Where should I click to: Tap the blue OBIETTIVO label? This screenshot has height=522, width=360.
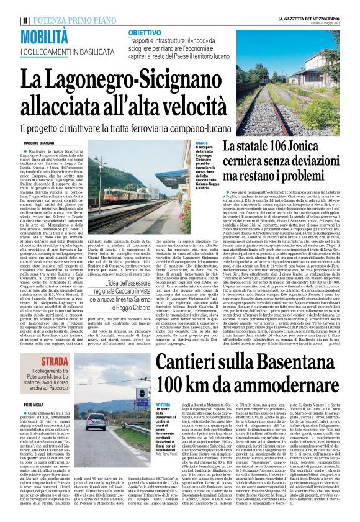coord(145,32)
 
